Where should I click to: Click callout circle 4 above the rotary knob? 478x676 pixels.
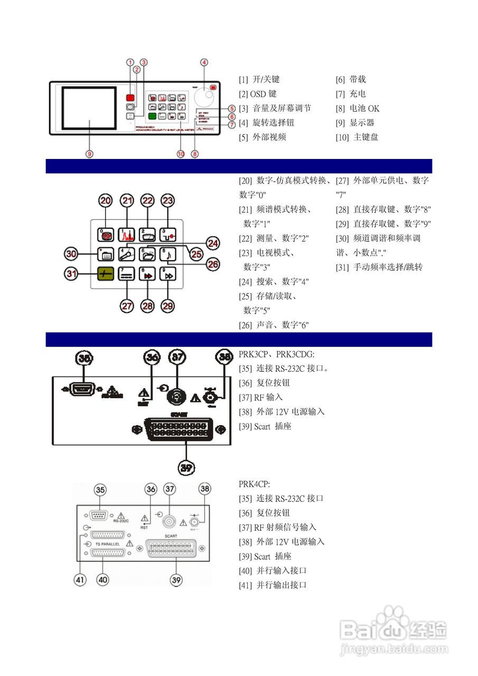coord(204,62)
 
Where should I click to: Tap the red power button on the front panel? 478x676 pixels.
coord(130,98)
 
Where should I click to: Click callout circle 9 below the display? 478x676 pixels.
coord(89,154)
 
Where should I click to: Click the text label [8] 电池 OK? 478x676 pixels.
coord(358,108)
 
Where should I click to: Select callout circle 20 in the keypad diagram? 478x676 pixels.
coord(106,201)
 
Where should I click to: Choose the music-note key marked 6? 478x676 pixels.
coord(167,253)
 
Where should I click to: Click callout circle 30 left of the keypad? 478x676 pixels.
coord(71,254)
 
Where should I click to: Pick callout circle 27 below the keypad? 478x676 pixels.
coord(126,306)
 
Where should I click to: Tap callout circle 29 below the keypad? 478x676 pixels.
coord(167,306)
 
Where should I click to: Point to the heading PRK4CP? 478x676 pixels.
coord(254,484)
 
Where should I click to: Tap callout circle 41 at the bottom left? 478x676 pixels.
coord(80,580)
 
